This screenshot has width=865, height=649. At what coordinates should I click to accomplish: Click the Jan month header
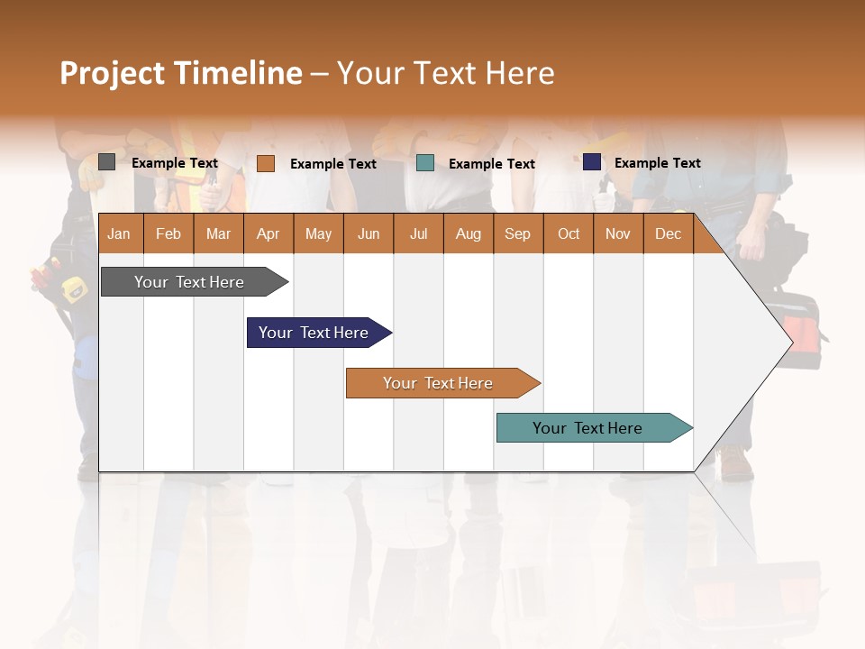tap(119, 233)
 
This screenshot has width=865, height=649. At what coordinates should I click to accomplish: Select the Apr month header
tap(268, 233)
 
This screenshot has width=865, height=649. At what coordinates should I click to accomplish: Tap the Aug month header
tap(468, 233)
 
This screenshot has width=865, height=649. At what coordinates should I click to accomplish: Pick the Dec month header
tap(668, 233)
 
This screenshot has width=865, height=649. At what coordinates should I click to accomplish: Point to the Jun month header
tap(368, 233)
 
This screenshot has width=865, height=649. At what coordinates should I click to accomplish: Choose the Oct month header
tap(568, 233)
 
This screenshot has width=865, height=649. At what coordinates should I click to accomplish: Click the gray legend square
tap(106, 162)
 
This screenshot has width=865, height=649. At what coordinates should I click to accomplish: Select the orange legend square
tap(265, 163)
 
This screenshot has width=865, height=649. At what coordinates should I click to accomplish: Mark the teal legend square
tap(425, 163)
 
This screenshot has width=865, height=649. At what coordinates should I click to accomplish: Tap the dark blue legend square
tap(591, 162)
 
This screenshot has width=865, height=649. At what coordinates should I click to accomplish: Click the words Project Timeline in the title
tap(180, 73)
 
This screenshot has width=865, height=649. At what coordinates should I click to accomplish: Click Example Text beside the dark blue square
tap(657, 163)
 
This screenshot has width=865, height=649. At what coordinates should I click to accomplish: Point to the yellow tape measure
tap(72, 288)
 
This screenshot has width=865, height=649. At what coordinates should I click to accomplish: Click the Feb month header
tap(168, 233)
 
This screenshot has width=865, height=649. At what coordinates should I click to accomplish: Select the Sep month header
tap(517, 233)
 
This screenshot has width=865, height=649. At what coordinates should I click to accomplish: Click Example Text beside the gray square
tap(174, 163)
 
